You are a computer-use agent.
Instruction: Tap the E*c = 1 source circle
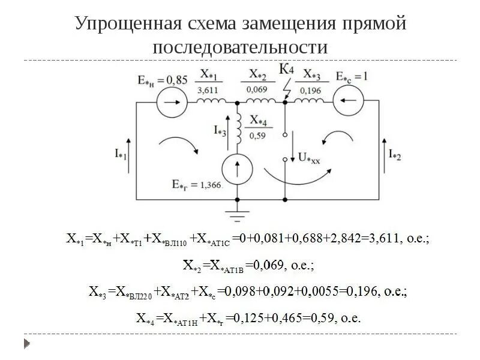349,101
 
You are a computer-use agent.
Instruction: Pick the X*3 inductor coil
308,100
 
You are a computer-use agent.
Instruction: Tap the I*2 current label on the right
395,154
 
